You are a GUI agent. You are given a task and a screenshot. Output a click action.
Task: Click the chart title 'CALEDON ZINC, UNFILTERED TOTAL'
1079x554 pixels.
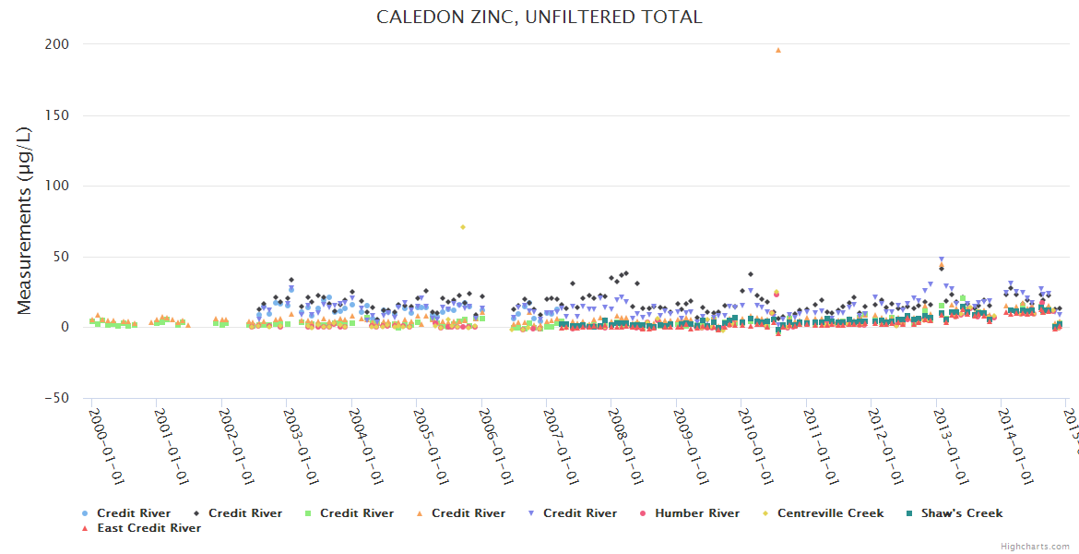click(x=539, y=17)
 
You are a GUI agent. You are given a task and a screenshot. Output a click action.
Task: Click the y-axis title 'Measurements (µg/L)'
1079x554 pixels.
click(x=26, y=221)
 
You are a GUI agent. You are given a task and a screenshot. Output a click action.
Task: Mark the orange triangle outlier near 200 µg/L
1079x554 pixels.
click(x=778, y=50)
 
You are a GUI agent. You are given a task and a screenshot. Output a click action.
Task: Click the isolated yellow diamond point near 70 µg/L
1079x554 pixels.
click(x=463, y=227)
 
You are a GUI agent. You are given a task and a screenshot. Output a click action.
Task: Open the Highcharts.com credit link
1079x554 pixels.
click(x=1035, y=547)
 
